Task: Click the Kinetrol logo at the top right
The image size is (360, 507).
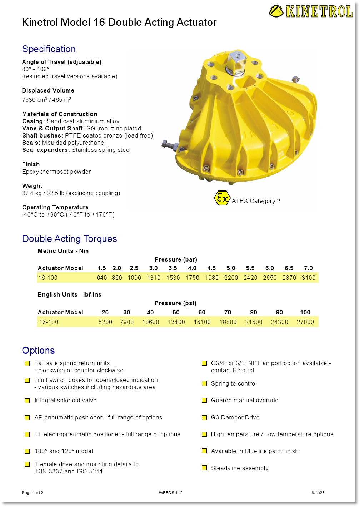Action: [x=311, y=11]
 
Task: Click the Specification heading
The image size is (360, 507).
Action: [x=49, y=49]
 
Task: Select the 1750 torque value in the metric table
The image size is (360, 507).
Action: [x=192, y=278]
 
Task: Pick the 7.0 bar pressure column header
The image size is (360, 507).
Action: [x=308, y=268]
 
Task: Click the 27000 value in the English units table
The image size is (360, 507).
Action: [x=305, y=322]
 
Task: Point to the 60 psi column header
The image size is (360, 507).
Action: [x=202, y=312]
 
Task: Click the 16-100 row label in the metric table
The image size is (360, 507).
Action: [x=48, y=278]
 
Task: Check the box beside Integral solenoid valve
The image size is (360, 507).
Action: [x=27, y=401]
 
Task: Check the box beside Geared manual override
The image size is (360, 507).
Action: [x=204, y=400]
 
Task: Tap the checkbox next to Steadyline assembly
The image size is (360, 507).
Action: [x=204, y=468]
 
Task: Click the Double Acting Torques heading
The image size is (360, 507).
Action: [x=70, y=239]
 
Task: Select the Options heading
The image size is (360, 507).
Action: [x=39, y=351]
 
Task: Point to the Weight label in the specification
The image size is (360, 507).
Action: [x=32, y=186]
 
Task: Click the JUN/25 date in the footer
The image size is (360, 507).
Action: [x=317, y=493]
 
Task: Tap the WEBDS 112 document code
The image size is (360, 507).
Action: [x=171, y=493]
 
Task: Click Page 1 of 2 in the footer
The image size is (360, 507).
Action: [x=32, y=493]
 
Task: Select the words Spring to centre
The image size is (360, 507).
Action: [x=233, y=383]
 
